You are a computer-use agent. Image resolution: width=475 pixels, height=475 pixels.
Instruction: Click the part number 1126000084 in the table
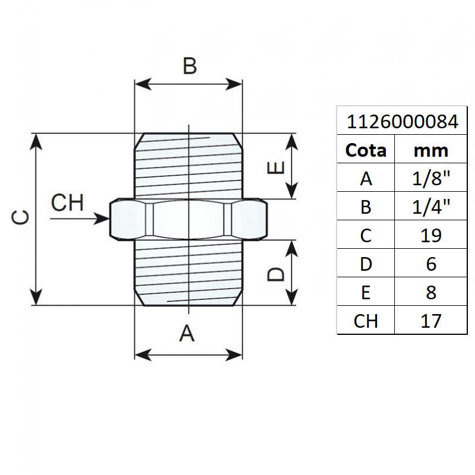tap(402, 122)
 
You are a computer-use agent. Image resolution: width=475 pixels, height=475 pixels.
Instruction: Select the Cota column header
tap(366, 150)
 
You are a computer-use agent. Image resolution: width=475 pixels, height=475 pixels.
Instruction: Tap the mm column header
tap(430, 150)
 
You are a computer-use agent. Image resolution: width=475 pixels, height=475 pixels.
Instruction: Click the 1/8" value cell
tap(430, 178)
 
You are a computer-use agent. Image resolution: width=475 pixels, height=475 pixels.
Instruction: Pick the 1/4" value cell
tap(430, 207)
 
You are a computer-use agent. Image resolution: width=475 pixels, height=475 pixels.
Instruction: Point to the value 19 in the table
tap(430, 235)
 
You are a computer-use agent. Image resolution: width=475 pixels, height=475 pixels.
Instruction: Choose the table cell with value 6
tap(430, 264)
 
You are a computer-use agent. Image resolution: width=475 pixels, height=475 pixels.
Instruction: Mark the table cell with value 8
tap(430, 292)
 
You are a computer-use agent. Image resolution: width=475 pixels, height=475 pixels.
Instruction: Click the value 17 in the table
tap(430, 321)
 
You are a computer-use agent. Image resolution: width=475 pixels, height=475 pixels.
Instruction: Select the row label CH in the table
tap(366, 321)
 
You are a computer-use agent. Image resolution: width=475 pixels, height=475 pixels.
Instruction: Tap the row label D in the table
tap(366, 264)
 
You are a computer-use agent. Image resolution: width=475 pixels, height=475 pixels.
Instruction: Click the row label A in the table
tap(366, 178)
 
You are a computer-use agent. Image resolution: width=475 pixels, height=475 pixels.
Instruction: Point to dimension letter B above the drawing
tap(189, 66)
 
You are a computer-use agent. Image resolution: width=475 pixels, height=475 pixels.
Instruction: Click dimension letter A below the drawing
tap(187, 334)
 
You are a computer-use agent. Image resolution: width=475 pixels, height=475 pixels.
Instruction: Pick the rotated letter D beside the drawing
tap(275, 274)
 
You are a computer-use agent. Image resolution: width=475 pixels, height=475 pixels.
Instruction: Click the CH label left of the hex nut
tap(67, 203)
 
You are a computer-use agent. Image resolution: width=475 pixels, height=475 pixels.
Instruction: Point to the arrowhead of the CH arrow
tap(104, 219)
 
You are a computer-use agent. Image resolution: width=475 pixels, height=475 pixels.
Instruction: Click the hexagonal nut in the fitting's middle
tap(189, 219)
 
